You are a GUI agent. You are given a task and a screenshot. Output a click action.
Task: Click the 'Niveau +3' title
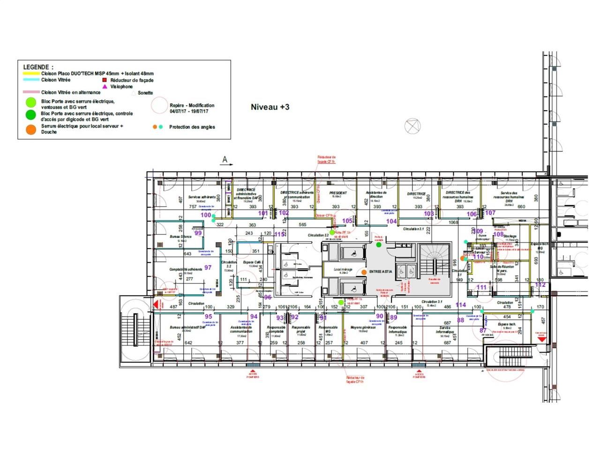click(270, 107)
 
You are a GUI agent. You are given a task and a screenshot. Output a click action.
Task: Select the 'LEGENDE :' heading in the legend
click(38, 67)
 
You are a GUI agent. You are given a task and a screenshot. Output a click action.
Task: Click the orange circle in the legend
click(30, 129)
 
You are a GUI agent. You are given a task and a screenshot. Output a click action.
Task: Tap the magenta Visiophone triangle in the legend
click(105, 86)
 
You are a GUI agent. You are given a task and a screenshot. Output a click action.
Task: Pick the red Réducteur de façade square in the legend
click(105, 80)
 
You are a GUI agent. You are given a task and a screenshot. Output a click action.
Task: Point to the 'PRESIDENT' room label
click(338, 193)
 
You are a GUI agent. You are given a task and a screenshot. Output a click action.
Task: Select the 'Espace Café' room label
click(253, 262)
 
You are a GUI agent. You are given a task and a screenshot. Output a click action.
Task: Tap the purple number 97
click(208, 268)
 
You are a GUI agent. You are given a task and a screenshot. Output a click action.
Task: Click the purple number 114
click(461, 305)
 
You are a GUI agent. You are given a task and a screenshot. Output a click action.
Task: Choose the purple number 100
click(206, 215)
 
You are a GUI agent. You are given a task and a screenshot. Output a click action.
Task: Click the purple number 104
click(391, 221)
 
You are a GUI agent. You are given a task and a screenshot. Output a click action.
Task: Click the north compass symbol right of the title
click(412, 126)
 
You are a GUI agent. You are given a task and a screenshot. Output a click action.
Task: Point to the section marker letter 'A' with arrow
click(225, 160)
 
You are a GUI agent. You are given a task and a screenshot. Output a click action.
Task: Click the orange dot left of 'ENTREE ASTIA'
click(364, 272)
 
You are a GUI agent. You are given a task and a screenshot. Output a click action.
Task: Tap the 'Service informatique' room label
click(445, 330)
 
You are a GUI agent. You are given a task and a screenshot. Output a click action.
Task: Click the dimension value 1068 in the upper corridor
click(453, 222)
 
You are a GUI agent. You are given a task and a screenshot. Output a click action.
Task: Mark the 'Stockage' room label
click(510, 236)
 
